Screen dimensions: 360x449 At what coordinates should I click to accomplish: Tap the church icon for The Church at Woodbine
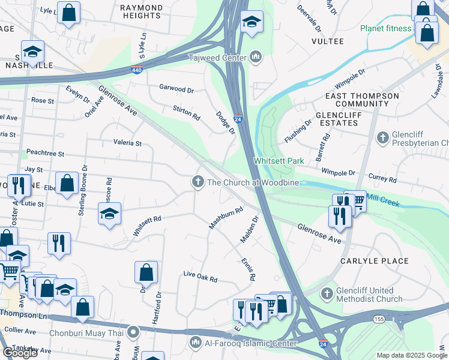click(197, 182)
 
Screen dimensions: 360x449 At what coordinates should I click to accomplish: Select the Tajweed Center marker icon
click(256, 58)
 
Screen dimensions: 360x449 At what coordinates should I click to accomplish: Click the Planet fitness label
click(385, 28)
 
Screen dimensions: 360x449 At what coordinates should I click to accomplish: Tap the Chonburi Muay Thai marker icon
click(134, 331)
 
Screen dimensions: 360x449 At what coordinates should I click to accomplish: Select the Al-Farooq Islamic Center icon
click(196, 343)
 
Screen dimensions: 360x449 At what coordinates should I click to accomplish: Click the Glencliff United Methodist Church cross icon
click(327, 294)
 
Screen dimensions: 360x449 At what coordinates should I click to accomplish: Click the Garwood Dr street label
click(176, 88)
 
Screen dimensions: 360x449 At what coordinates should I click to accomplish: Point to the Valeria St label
click(127, 143)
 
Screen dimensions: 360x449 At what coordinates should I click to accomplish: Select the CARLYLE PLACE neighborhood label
click(374, 261)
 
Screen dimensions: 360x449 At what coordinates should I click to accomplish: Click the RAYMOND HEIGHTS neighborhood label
click(141, 13)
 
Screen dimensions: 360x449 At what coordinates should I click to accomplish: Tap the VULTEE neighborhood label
click(328, 41)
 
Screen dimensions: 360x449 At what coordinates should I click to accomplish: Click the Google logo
click(20, 352)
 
